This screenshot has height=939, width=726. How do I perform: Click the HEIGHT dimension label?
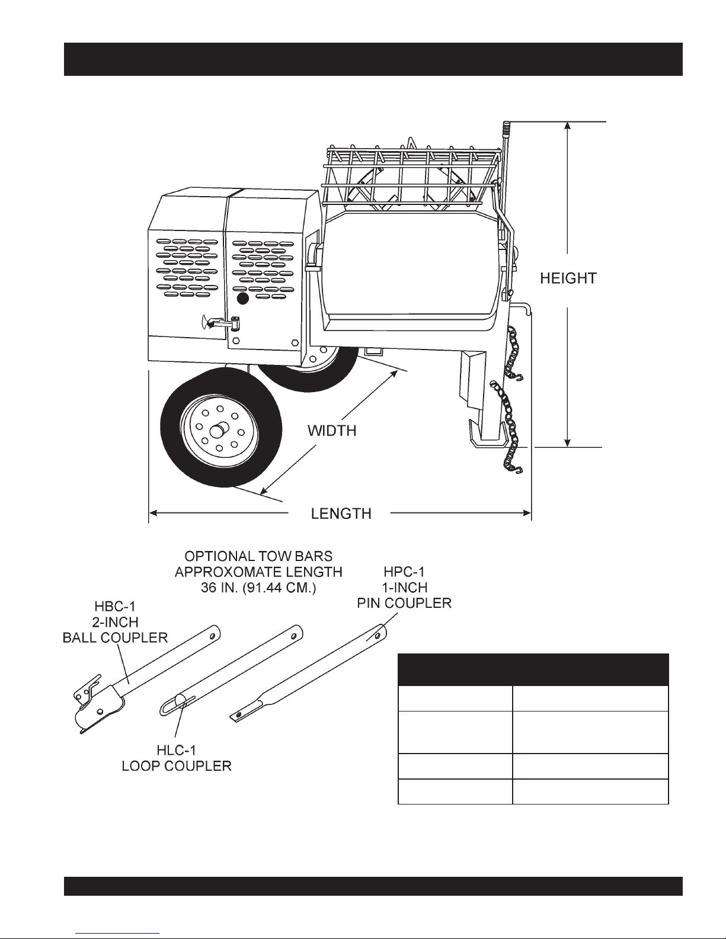[568, 278]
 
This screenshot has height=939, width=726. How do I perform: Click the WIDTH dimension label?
[332, 431]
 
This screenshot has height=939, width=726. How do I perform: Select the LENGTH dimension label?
[341, 513]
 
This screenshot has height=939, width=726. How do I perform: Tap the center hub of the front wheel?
[219, 426]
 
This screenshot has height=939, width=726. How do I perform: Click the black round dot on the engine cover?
[242, 299]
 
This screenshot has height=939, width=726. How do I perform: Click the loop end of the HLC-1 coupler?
[172, 706]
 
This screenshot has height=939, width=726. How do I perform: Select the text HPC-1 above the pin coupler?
[405, 573]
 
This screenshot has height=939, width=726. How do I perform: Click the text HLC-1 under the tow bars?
[176, 751]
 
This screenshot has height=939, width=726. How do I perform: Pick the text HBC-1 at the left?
[116, 608]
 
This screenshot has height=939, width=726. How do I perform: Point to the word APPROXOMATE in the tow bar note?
[259, 572]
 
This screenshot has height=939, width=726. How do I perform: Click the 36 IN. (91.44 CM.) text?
[259, 587]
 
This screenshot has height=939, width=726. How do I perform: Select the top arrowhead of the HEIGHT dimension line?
[568, 126]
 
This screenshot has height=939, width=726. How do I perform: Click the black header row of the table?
[533, 669]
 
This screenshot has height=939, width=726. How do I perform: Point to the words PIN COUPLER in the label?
[405, 603]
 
